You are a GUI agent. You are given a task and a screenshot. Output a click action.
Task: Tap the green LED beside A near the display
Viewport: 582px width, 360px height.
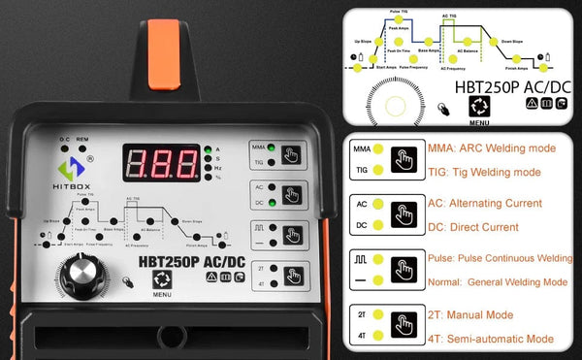[207, 148]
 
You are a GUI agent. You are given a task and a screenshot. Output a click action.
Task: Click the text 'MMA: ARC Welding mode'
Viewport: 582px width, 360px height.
[492, 148]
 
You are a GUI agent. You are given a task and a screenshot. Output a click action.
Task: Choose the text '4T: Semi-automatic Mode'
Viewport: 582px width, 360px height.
[491, 339]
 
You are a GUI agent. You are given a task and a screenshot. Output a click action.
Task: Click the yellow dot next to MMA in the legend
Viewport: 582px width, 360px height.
[378, 150]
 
